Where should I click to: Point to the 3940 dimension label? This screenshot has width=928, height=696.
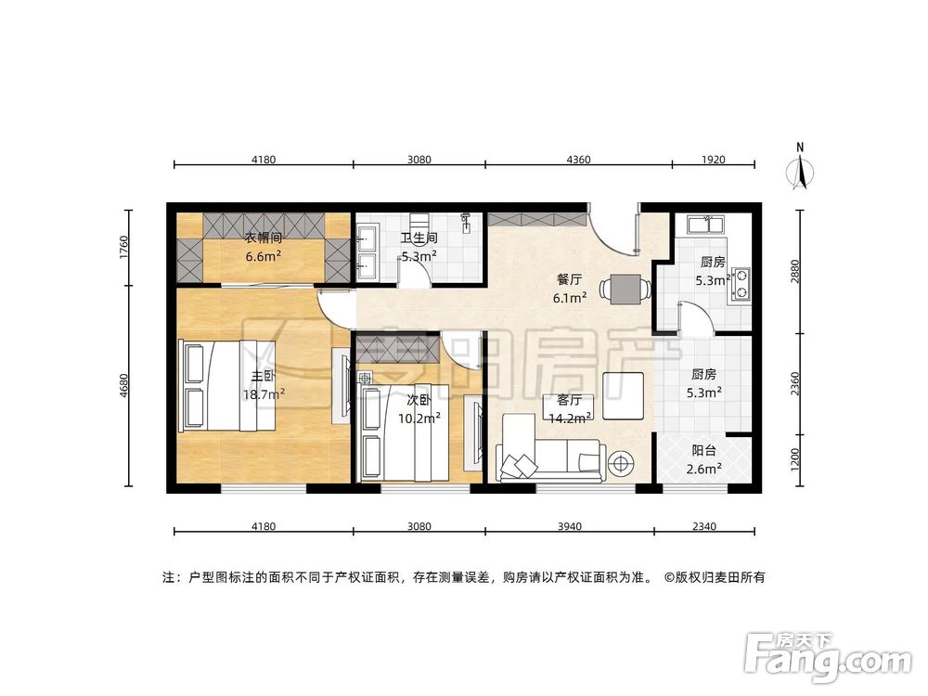click(569, 526)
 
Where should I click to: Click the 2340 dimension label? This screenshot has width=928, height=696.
click(703, 526)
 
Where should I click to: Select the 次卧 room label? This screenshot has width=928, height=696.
click(419, 400)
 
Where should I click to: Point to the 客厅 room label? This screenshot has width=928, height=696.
click(569, 400)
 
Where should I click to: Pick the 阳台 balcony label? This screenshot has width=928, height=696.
click(703, 451)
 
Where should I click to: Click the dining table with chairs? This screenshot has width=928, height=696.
click(623, 290)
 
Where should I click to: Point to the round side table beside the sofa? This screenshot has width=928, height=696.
click(619, 460)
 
